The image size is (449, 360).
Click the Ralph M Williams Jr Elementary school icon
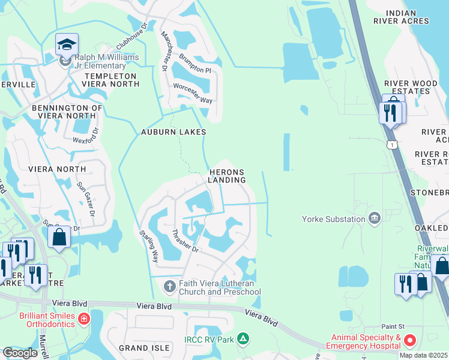point(67,44)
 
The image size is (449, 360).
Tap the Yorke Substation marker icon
point(375,217)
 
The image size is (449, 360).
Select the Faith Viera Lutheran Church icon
point(169,286)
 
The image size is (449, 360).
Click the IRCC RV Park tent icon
point(243,340)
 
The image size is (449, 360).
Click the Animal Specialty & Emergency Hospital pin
point(411,341)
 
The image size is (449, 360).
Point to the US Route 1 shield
point(392,145)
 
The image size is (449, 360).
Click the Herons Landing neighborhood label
point(227,176)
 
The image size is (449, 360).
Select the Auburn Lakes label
point(173,132)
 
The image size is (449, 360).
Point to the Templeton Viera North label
point(112,80)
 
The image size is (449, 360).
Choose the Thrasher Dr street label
point(181,241)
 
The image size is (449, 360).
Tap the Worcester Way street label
point(193,94)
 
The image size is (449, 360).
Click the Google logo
point(20,353)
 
